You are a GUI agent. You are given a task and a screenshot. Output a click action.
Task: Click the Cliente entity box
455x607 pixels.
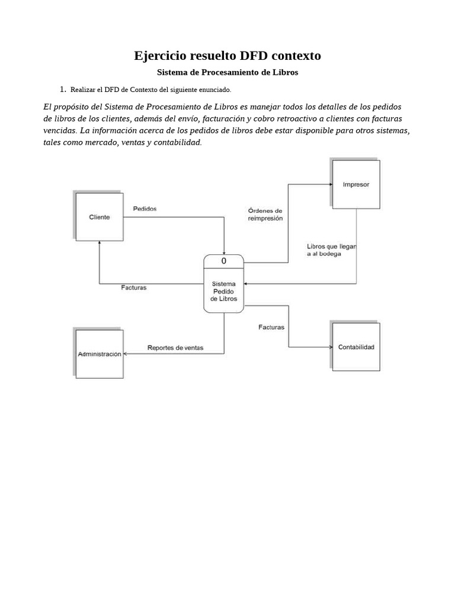coord(100,217)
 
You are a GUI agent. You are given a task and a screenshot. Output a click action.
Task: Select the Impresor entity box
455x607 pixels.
coord(355,184)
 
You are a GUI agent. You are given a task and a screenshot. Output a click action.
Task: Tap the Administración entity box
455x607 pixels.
coord(100,353)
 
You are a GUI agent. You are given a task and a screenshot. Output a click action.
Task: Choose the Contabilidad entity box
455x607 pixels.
coord(355,347)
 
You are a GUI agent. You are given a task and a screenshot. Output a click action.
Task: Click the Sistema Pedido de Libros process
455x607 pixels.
coord(223,291)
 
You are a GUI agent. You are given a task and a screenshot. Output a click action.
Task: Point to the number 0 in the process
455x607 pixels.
coord(223,261)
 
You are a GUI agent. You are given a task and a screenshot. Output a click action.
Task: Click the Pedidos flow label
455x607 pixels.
coord(145,209)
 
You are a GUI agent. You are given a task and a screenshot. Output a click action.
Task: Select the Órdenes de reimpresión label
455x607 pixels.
coord(265,214)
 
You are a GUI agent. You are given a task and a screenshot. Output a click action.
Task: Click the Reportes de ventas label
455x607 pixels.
coord(175,348)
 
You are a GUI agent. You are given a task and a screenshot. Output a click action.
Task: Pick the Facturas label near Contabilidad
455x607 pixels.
coord(271,327)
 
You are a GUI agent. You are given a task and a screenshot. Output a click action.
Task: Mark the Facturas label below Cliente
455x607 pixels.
coord(133,287)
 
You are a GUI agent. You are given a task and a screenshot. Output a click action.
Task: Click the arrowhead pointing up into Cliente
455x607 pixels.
coord(100,244)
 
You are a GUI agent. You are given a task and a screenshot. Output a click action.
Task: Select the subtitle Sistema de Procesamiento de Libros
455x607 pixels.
coord(227,72)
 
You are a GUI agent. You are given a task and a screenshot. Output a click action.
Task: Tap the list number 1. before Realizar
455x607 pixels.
coord(62,90)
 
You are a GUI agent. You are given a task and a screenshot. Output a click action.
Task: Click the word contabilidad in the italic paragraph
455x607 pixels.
coord(176,142)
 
